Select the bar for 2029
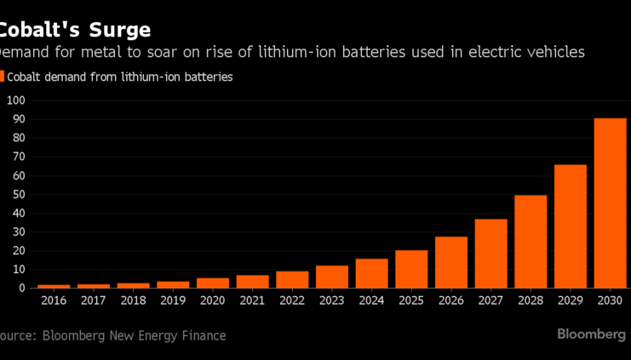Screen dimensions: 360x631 coord(571,226)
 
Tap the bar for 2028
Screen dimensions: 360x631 coord(531,242)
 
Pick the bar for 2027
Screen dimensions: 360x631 coord(490,254)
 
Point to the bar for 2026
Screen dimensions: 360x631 coord(451,262)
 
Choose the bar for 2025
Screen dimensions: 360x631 coord(411,269)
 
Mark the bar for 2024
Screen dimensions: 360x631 coord(371,273)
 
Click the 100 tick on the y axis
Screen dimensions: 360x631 coord(16,100)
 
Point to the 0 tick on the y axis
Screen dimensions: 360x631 coord(22,289)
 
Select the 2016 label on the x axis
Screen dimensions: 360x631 coord(54,301)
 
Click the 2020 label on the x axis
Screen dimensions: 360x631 coord(213,301)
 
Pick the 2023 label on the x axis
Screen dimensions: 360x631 coord(332,301)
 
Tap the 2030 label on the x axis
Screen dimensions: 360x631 coord(610,301)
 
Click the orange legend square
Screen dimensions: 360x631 coord(3,77)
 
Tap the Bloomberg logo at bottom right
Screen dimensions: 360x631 coord(592,334)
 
